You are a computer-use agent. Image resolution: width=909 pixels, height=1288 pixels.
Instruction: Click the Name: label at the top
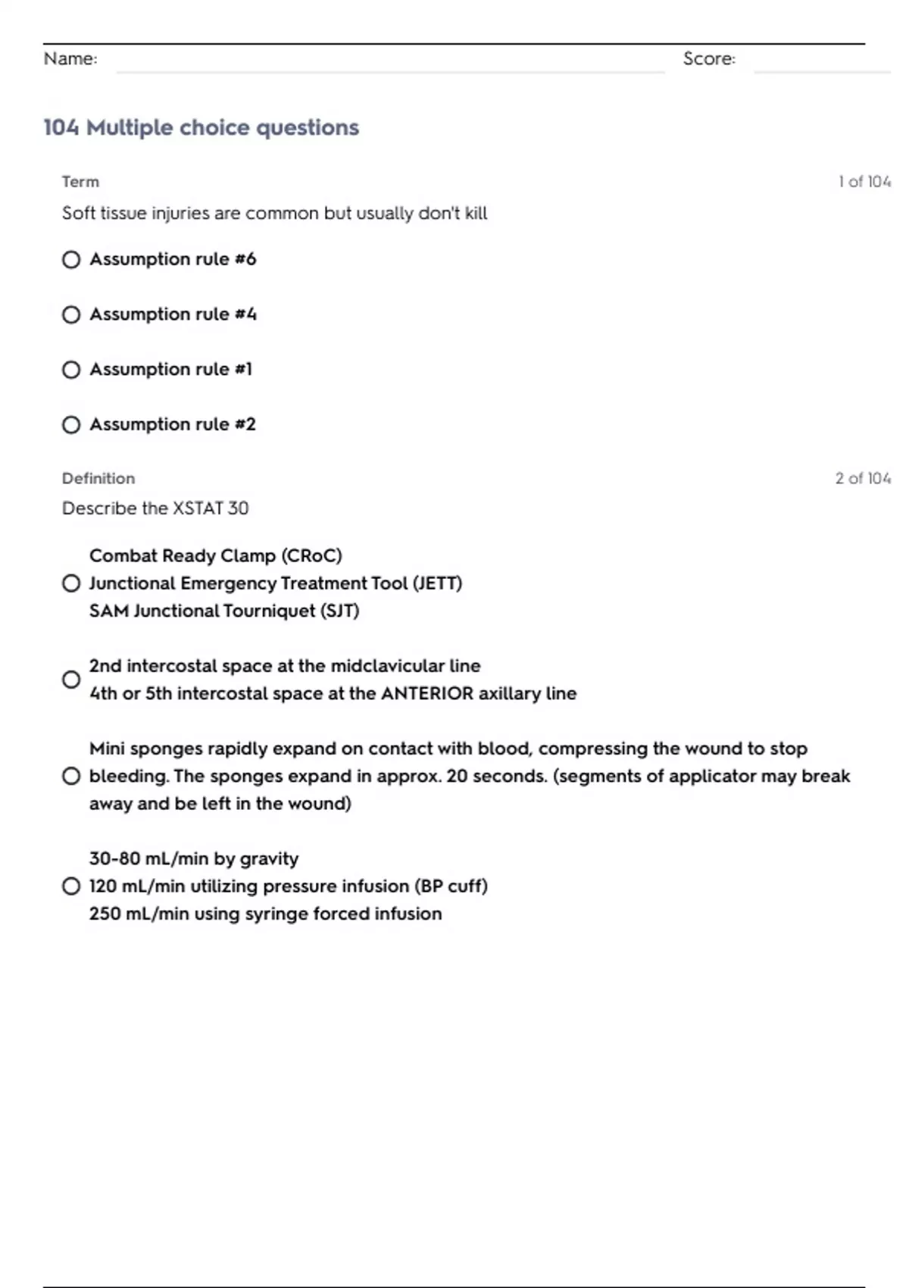[70, 59]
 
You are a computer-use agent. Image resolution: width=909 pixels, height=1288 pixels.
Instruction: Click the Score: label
[709, 59]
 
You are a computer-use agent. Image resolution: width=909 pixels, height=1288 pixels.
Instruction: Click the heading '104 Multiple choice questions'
[201, 127]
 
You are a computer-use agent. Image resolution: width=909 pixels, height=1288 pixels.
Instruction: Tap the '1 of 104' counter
[864, 182]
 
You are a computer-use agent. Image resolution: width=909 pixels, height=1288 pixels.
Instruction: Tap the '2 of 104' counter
[863, 478]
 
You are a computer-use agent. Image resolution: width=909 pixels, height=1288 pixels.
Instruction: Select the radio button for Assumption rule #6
[71, 260]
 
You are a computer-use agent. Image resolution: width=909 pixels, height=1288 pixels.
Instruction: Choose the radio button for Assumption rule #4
[71, 314]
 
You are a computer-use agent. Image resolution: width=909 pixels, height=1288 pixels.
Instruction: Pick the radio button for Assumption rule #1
[71, 370]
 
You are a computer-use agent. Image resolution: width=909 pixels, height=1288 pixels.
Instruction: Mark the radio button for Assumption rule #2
[71, 425]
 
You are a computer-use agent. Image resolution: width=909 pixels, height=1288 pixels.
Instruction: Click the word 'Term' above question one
[80, 182]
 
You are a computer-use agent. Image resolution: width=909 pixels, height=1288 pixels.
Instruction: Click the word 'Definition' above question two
[98, 478]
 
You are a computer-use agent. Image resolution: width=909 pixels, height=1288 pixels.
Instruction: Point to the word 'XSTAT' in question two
[198, 508]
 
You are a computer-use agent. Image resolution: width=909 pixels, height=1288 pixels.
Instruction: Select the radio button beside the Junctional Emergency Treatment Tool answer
[71, 583]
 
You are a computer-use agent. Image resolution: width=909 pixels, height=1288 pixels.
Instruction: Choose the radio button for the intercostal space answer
[71, 680]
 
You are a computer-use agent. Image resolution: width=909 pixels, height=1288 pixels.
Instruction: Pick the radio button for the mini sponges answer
[71, 776]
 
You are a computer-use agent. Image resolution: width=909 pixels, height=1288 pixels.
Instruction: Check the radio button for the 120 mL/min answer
[71, 886]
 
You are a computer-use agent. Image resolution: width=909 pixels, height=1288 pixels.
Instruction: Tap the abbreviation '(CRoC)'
[311, 556]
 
